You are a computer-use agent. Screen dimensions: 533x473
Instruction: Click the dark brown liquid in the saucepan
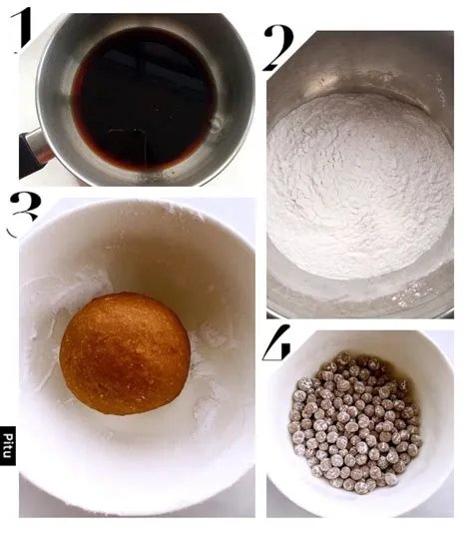tap(140, 95)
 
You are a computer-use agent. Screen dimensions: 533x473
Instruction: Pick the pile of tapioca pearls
tap(354, 419)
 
